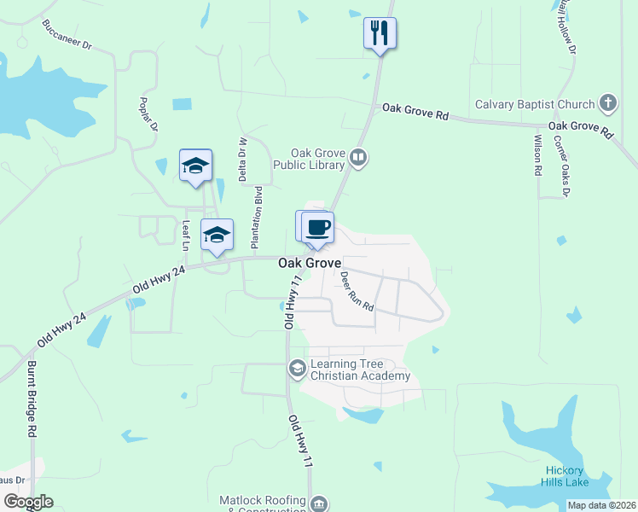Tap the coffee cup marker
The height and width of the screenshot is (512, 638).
[317, 227]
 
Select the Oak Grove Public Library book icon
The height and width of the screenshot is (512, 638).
[359, 157]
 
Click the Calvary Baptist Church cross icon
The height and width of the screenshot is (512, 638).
[608, 104]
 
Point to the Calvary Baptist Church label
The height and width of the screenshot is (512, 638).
[536, 105]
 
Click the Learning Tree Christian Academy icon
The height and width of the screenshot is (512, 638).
[298, 369]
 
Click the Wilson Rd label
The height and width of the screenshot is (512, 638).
[538, 154]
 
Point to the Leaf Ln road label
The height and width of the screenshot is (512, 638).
[186, 236]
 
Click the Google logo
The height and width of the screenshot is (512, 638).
[28, 502]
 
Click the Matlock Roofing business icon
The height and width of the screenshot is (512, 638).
[318, 504]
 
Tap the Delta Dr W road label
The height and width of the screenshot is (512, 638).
[242, 160]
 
